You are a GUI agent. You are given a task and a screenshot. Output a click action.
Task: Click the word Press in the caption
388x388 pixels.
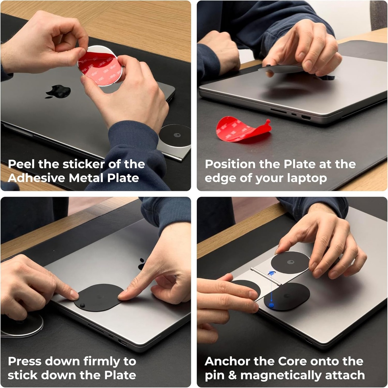tap(25, 361)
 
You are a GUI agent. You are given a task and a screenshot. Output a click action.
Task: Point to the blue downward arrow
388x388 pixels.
tap(271, 288)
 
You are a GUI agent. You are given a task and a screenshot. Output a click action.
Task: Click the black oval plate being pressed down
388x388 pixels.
tap(99, 297)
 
